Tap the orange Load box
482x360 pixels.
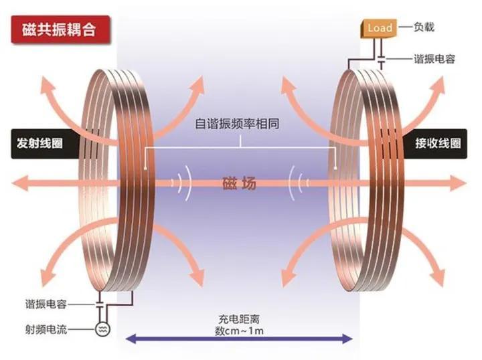tap(379, 28)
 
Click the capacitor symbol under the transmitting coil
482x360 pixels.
tap(100, 304)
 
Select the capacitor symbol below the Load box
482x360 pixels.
tap(382, 61)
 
